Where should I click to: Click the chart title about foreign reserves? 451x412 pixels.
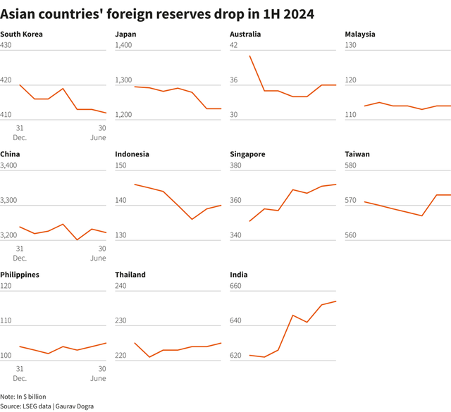(157, 13)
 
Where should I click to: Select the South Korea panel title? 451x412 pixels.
(22, 34)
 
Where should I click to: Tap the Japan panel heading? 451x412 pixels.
(126, 34)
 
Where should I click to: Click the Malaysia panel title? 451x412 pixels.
(360, 34)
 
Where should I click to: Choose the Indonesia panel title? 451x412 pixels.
(132, 154)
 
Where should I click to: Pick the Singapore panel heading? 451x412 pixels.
(248, 154)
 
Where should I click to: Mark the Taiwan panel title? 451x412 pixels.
(357, 154)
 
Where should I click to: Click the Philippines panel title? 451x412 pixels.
(20, 275)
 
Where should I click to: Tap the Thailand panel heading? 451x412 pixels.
(130, 275)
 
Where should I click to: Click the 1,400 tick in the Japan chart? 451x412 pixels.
(124, 45)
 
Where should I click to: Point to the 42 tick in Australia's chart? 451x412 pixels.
(235, 45)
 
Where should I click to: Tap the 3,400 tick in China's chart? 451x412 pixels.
(9, 166)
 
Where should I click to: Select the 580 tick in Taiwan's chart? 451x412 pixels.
(352, 166)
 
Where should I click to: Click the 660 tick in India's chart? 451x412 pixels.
(237, 286)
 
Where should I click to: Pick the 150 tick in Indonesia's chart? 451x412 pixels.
(121, 166)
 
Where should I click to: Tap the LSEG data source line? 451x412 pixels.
(47, 406)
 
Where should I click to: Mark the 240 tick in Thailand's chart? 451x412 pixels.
(121, 286)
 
